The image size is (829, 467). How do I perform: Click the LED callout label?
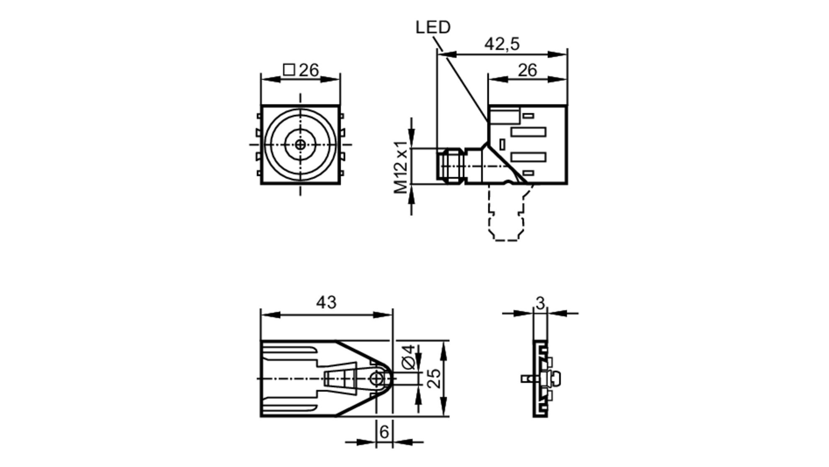[x=433, y=27]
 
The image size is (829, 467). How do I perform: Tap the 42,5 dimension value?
[x=502, y=44]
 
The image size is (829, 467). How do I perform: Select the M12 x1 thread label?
[x=401, y=167]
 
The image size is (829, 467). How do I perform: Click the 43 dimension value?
[x=326, y=302]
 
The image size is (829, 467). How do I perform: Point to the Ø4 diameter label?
[x=409, y=357]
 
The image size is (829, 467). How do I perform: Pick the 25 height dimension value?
[x=434, y=378]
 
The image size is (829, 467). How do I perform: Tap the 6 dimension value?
[x=384, y=432]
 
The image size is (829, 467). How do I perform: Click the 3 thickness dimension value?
[x=540, y=303]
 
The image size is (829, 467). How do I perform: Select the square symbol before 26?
[x=289, y=70]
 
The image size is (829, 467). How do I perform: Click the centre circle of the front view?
[x=301, y=145]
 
